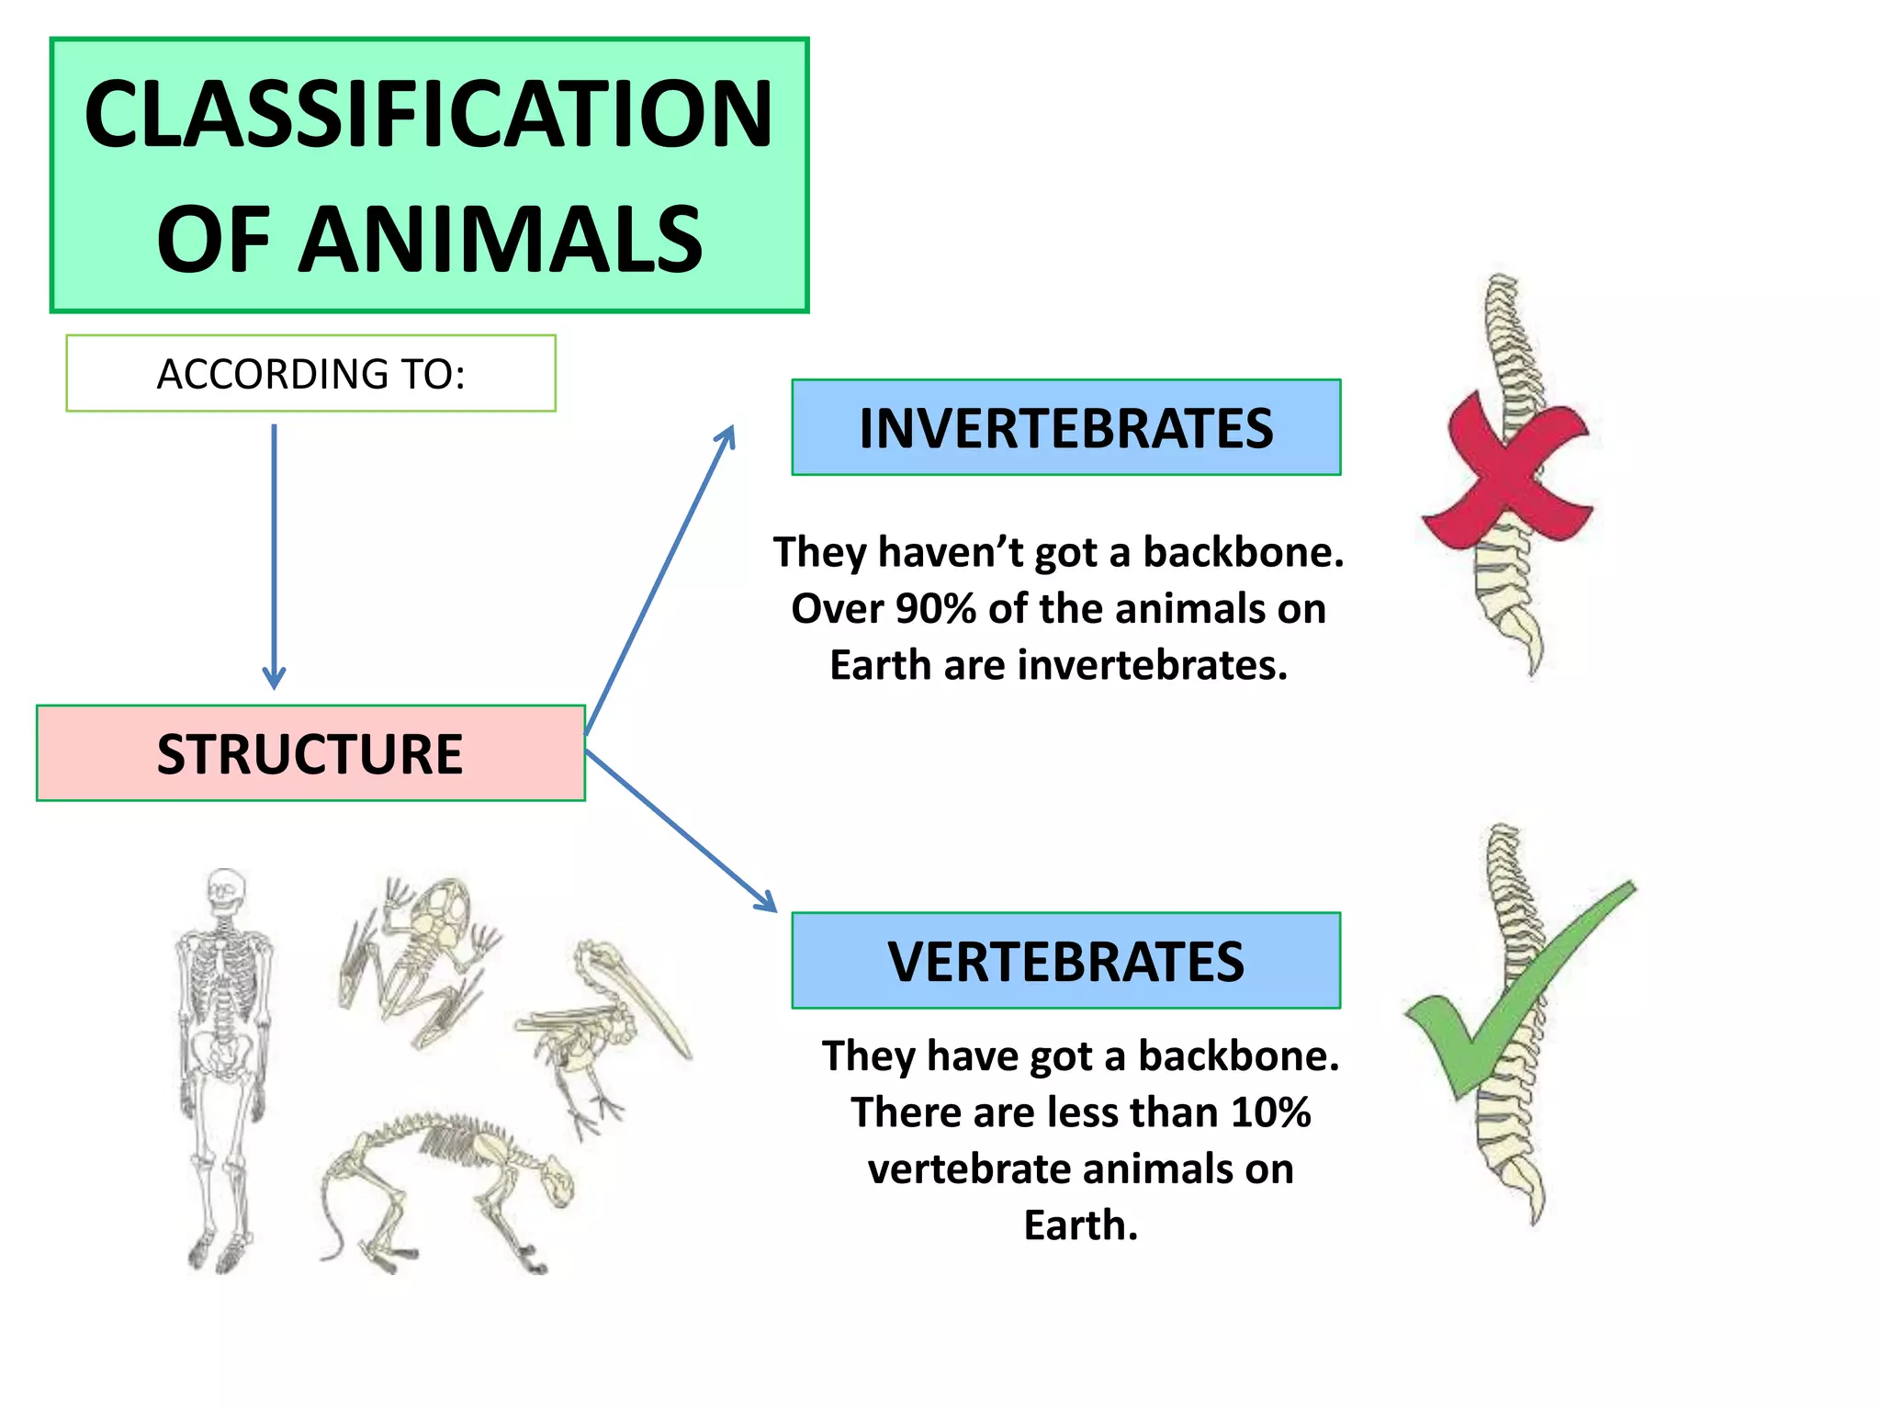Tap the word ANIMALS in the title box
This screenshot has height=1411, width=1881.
pos(501,240)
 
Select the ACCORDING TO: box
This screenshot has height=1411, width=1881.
pos(310,373)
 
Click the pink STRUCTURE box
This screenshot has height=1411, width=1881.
pos(310,753)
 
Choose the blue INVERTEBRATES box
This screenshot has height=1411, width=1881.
pos(1065,427)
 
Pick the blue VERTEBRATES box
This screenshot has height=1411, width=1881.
pos(1065,960)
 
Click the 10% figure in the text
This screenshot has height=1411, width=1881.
pos(1271,1112)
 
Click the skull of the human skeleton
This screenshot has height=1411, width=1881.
pos(223,891)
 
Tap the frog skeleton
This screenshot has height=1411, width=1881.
pos(422,955)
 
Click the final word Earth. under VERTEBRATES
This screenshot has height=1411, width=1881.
pos(1080,1225)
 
